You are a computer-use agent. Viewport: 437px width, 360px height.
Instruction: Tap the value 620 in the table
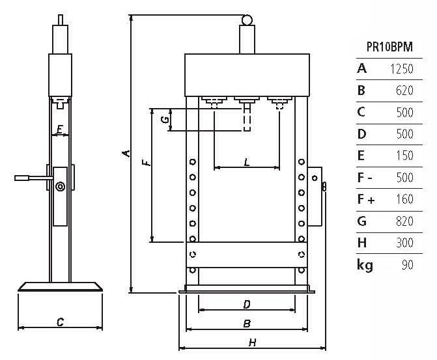pyautogui.click(x=404, y=90)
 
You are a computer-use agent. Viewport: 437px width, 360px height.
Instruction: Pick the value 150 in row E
pyautogui.click(x=404, y=156)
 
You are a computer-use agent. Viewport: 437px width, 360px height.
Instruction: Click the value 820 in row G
pyautogui.click(x=404, y=221)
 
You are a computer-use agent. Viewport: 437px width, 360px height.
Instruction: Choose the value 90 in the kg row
pyautogui.click(x=408, y=265)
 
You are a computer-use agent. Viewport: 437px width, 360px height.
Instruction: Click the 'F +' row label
pyautogui.click(x=366, y=199)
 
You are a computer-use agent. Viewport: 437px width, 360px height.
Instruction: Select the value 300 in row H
pyautogui.click(x=404, y=243)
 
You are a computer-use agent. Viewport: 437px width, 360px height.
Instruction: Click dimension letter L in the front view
pyautogui.click(x=246, y=161)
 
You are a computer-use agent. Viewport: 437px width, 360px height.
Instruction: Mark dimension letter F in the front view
pyautogui.click(x=147, y=159)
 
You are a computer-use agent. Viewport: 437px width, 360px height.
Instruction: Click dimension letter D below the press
pyautogui.click(x=247, y=304)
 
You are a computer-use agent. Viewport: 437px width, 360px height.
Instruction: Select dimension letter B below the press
pyautogui.click(x=247, y=323)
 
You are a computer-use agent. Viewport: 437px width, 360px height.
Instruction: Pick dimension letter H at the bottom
pyautogui.click(x=251, y=342)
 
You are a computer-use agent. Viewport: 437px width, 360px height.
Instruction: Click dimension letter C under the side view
pyautogui.click(x=60, y=322)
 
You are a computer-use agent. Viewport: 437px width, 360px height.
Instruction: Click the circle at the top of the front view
pyautogui.click(x=247, y=21)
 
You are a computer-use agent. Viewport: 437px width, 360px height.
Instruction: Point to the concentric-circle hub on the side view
pyautogui.click(x=60, y=187)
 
